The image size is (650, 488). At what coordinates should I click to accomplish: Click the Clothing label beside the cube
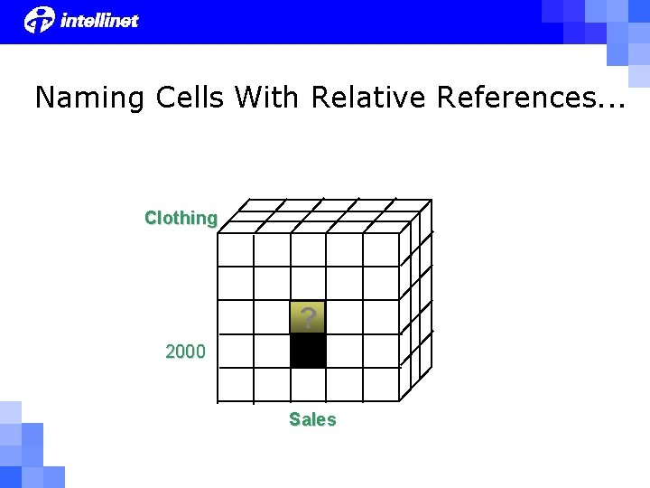point(181,218)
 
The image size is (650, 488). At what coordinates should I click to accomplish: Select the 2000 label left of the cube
point(185,352)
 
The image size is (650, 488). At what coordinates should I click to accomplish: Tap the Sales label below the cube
point(312,419)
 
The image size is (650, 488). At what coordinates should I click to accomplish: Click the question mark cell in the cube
point(308,317)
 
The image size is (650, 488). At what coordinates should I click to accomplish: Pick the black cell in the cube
point(308,351)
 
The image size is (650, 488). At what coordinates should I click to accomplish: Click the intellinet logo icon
point(40,19)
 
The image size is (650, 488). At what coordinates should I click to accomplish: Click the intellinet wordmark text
point(99,20)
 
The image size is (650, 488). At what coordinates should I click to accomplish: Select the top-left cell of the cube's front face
point(236,249)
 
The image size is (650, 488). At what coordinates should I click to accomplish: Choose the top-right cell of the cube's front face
point(380,249)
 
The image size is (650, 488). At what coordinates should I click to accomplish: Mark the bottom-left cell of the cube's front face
point(236,384)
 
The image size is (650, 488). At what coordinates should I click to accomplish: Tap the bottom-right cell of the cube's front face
point(380,384)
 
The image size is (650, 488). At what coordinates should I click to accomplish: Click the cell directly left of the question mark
point(272,317)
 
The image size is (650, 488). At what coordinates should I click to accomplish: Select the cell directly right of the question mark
point(344,317)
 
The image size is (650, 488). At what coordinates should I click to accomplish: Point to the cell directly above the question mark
point(308,283)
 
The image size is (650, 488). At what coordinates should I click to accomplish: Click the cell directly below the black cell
point(308,384)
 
